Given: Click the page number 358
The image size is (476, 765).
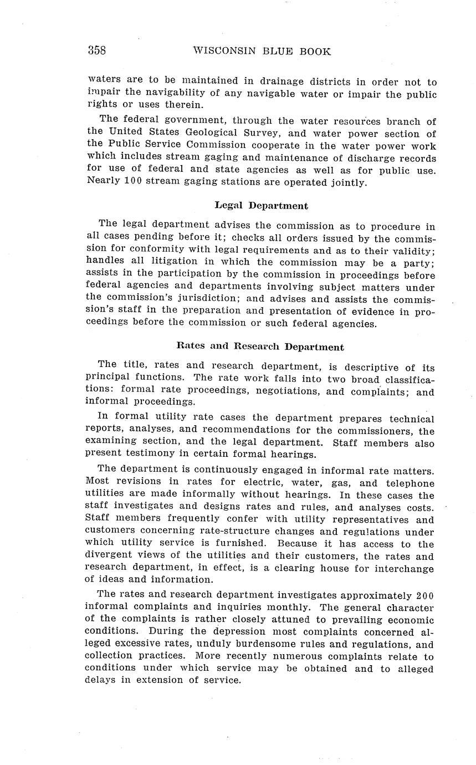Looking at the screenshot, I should (x=96, y=50).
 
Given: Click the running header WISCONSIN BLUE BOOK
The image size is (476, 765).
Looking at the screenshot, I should (x=262, y=51).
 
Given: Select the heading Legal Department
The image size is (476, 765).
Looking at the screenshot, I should (x=261, y=206).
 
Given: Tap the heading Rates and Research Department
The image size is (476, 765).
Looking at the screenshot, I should (x=260, y=347).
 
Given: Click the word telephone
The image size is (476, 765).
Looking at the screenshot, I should (x=410, y=483).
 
